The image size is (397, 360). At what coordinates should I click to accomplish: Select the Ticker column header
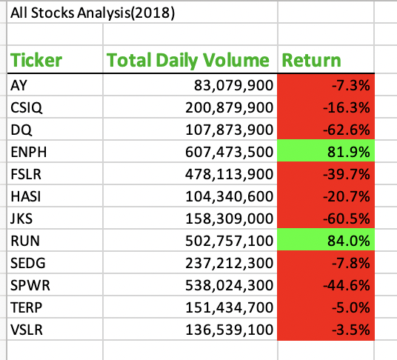coord(36,60)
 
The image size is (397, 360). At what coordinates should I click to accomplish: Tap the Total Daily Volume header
coord(188,60)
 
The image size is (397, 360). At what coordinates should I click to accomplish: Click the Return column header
coord(311,60)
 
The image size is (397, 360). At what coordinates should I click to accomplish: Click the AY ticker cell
coord(19,85)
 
